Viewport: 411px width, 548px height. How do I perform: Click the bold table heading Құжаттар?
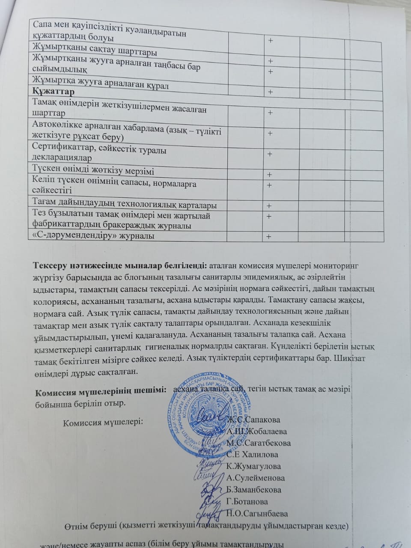(53, 92)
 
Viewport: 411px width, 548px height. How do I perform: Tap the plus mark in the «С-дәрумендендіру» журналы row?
(269, 237)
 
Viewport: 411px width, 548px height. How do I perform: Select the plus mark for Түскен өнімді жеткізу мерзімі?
(270, 175)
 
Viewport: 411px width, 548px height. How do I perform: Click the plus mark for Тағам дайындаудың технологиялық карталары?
(270, 206)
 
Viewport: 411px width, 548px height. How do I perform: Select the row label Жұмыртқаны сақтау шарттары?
(94, 52)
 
